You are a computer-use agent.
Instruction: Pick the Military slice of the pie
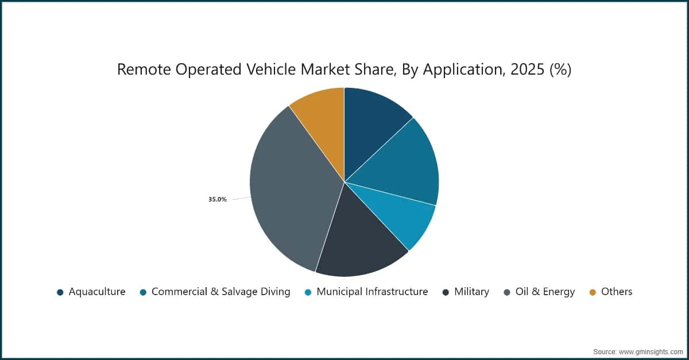(360, 243)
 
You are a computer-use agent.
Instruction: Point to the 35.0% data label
(218, 199)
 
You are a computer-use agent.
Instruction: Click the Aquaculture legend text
(97, 292)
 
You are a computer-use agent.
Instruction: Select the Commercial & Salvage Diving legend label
(221, 292)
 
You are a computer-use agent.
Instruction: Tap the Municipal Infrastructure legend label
(372, 292)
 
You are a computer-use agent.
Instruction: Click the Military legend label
(471, 292)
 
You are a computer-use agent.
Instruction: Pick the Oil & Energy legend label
(545, 292)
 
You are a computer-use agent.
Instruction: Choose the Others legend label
(617, 292)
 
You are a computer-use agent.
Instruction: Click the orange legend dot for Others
(593, 292)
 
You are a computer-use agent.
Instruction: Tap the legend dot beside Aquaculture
(60, 292)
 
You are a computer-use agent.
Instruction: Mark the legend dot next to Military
(446, 292)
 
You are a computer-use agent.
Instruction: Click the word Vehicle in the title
(271, 69)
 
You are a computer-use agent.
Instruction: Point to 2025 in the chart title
(527, 69)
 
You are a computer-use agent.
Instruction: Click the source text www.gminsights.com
(651, 352)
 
